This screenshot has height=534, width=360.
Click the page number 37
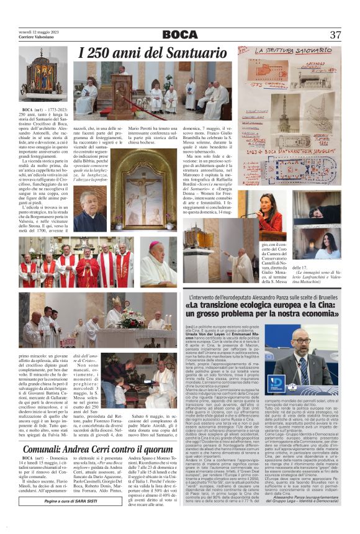click(x=335, y=35)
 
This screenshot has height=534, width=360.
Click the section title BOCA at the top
click(x=180, y=35)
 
